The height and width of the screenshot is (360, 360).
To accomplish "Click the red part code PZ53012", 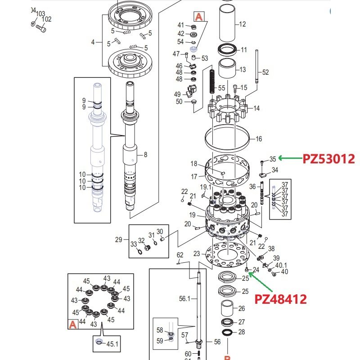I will click(x=329, y=158).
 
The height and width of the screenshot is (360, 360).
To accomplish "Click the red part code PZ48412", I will click(x=281, y=298).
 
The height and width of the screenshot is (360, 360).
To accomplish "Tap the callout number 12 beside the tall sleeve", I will click(x=243, y=24).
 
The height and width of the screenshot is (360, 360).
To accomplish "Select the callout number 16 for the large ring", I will click(x=259, y=139).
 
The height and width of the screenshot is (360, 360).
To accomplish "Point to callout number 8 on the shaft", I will click(x=145, y=155).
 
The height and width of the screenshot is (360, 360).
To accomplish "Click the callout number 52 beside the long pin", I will click(x=265, y=72).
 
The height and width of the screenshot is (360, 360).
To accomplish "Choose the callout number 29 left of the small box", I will click(x=118, y=239).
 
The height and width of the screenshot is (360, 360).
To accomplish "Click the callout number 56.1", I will click(x=185, y=298).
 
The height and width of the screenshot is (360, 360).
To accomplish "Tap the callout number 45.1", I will click(x=112, y=344).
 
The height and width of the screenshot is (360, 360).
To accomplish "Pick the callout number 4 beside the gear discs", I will click(x=93, y=42).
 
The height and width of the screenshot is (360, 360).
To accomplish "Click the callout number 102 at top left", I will click(x=46, y=19).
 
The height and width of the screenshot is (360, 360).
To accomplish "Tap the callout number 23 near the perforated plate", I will click(x=197, y=254).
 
